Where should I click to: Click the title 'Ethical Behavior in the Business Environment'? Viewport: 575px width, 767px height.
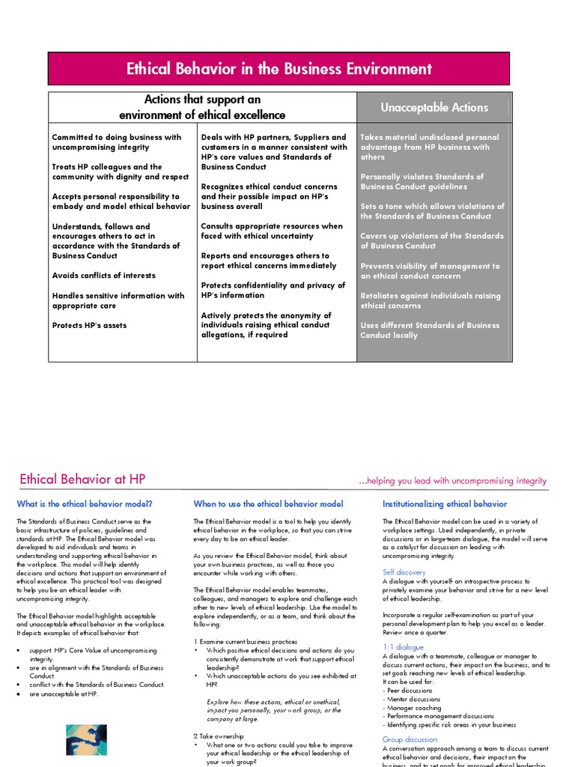(279, 70)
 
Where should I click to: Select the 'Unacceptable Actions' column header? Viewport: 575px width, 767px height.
(433, 108)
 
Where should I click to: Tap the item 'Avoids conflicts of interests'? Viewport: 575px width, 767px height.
(104, 276)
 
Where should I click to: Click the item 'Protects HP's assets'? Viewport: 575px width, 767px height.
(89, 325)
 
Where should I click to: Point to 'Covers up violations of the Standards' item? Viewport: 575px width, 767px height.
(431, 240)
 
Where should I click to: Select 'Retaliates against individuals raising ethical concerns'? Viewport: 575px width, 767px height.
(431, 300)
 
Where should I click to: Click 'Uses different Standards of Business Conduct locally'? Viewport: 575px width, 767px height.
(429, 330)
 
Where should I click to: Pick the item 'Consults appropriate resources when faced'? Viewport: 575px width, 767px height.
(271, 231)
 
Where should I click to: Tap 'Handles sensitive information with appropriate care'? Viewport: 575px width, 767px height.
(118, 300)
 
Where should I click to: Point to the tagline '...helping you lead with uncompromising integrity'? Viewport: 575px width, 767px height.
(452, 481)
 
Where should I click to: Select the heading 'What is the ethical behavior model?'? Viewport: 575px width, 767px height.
(85, 504)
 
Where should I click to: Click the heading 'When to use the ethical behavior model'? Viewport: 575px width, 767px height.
(268, 504)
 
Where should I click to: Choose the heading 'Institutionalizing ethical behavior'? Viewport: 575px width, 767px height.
(444, 504)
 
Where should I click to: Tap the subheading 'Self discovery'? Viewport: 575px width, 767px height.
(404, 572)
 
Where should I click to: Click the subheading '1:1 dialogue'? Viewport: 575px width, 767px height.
(403, 646)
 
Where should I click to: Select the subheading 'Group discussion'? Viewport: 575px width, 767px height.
(410, 739)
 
